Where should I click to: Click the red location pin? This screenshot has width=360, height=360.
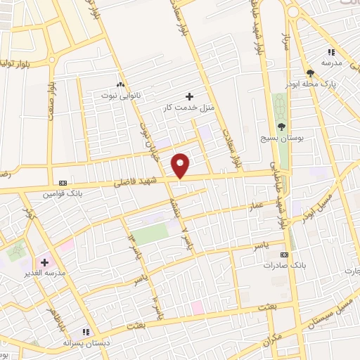tap(181, 165)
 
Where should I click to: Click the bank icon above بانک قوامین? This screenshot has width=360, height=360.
tap(63, 181)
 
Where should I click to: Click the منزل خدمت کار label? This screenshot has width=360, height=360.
tap(188, 106)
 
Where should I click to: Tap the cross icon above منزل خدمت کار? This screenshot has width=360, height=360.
tap(188, 96)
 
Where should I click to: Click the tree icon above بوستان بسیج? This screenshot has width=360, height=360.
tap(282, 127)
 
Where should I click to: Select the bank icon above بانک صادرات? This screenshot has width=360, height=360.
tap(284, 255)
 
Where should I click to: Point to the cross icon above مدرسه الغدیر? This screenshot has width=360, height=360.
tap(44, 262)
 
